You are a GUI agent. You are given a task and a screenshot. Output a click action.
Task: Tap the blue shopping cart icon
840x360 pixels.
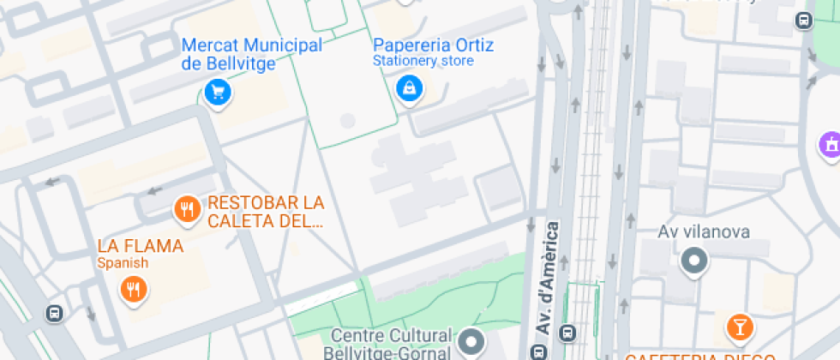(218, 90)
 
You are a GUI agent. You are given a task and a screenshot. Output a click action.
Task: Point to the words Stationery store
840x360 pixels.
(423, 62)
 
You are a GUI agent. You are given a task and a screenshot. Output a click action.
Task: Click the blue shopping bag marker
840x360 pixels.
(409, 87)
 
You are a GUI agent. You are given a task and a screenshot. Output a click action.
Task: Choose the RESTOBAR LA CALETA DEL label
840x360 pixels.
(266, 212)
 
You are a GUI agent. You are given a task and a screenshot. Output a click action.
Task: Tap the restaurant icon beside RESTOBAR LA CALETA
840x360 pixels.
(187, 207)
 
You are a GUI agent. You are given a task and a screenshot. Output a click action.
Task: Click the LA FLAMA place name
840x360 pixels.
(141, 246)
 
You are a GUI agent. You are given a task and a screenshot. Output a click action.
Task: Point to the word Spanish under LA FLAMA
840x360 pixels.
(123, 263)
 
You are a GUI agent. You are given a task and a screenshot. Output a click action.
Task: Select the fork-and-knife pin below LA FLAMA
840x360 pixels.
(132, 289)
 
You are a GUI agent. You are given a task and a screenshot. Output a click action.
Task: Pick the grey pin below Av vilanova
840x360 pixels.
(693, 260)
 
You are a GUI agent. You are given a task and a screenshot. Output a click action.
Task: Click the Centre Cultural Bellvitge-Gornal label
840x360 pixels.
(388, 344)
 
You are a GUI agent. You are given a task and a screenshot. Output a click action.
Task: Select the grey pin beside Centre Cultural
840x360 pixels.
(471, 343)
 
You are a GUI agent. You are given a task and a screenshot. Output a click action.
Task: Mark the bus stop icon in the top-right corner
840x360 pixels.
(803, 21)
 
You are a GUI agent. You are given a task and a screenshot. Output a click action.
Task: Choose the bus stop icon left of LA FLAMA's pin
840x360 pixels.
(55, 314)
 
